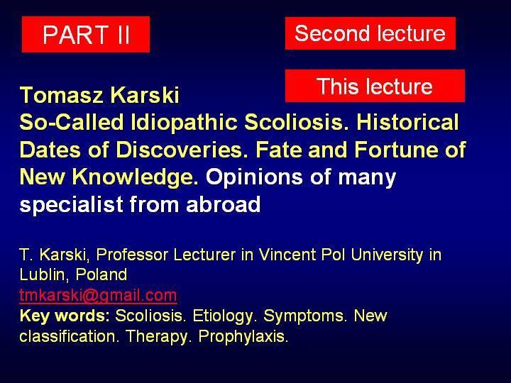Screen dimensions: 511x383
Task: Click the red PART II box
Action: [x=86, y=34]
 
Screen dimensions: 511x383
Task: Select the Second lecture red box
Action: [x=370, y=33]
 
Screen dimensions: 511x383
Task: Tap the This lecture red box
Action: [x=375, y=86]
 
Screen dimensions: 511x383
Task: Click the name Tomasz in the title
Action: [x=62, y=95]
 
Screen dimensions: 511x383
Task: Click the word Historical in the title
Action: [x=407, y=122]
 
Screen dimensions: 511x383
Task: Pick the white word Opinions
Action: [x=255, y=178]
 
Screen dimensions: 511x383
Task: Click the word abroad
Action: [x=224, y=204]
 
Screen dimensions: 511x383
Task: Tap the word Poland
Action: [x=101, y=274]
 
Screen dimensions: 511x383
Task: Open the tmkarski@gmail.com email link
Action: [x=98, y=296]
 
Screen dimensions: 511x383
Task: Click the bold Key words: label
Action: [x=65, y=316]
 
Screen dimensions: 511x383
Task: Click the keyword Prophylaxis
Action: [x=243, y=336]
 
